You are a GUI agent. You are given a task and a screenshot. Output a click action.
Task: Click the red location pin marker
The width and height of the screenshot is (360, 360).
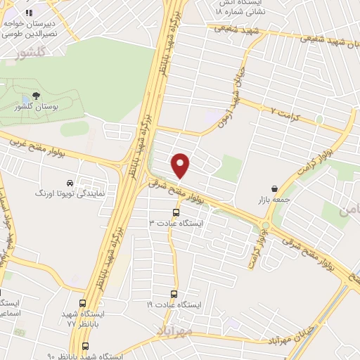(181, 165)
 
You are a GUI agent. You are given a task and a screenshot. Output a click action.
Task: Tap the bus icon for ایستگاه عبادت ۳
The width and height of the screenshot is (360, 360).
(176, 212)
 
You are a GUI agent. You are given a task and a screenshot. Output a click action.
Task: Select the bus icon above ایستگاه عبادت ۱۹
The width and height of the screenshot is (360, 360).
(173, 294)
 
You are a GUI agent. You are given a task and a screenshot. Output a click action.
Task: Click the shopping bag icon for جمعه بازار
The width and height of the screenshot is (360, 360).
(274, 188)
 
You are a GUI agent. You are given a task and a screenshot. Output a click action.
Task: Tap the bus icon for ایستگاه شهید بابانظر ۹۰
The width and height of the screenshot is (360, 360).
(86, 347)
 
